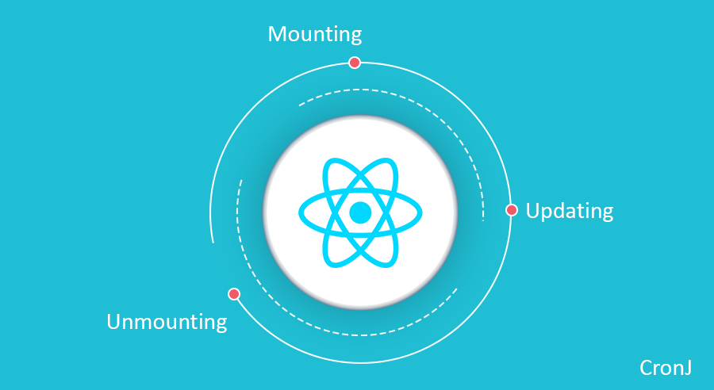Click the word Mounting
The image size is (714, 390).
[314, 35]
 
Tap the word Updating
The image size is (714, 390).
[569, 212]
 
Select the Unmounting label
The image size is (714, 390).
[167, 322]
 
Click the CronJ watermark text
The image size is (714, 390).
[666, 368]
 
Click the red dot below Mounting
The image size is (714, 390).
[355, 63]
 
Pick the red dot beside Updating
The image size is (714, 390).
[512, 210]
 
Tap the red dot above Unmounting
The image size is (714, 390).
[234, 294]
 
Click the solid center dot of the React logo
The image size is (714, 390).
[360, 212]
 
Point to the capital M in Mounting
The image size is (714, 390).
[277, 35]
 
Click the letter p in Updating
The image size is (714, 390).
[547, 213]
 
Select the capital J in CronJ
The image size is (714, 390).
[687, 368]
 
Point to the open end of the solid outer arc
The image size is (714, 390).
[213, 242]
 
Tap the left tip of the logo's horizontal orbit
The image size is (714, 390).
[301, 212]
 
